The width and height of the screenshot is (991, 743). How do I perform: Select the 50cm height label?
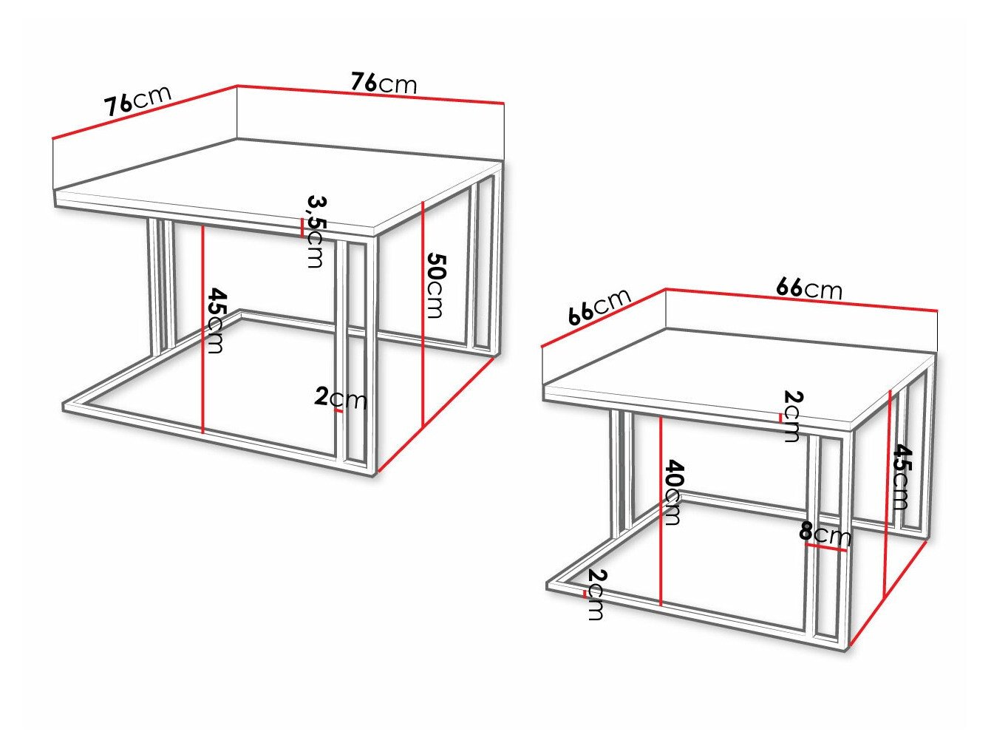436,285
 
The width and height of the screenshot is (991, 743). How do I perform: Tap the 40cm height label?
672,492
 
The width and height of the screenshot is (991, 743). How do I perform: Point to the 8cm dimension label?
825,534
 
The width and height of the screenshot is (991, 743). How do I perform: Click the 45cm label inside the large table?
216,321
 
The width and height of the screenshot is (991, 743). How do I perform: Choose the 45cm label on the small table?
901,477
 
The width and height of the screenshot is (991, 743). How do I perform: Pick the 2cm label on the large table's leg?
341,398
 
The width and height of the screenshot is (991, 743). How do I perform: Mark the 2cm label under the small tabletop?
791,417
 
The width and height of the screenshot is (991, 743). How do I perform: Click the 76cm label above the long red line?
384,83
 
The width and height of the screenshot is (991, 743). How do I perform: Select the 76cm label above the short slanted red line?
138,101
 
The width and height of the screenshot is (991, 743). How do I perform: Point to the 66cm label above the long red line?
808,288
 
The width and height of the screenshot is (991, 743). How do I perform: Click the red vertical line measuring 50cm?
421,314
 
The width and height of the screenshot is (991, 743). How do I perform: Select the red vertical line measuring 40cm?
661,510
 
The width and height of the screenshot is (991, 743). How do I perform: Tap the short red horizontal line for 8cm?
826,548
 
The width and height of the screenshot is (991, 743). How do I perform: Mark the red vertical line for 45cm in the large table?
202,329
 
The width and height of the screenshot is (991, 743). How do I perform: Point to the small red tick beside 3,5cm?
302,227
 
